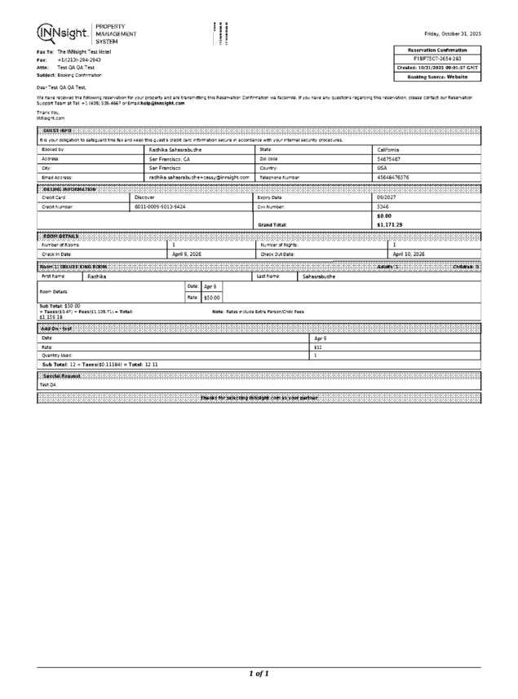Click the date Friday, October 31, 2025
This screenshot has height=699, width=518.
click(x=453, y=33)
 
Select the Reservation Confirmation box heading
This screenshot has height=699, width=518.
click(x=438, y=51)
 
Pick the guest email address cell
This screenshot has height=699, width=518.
click(x=198, y=177)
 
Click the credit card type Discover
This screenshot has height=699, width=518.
click(x=144, y=197)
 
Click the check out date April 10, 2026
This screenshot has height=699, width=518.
click(x=409, y=254)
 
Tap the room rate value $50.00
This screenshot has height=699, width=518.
click(x=211, y=298)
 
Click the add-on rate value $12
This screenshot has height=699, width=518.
click(x=319, y=347)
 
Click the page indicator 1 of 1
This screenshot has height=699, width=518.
click(x=259, y=674)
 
